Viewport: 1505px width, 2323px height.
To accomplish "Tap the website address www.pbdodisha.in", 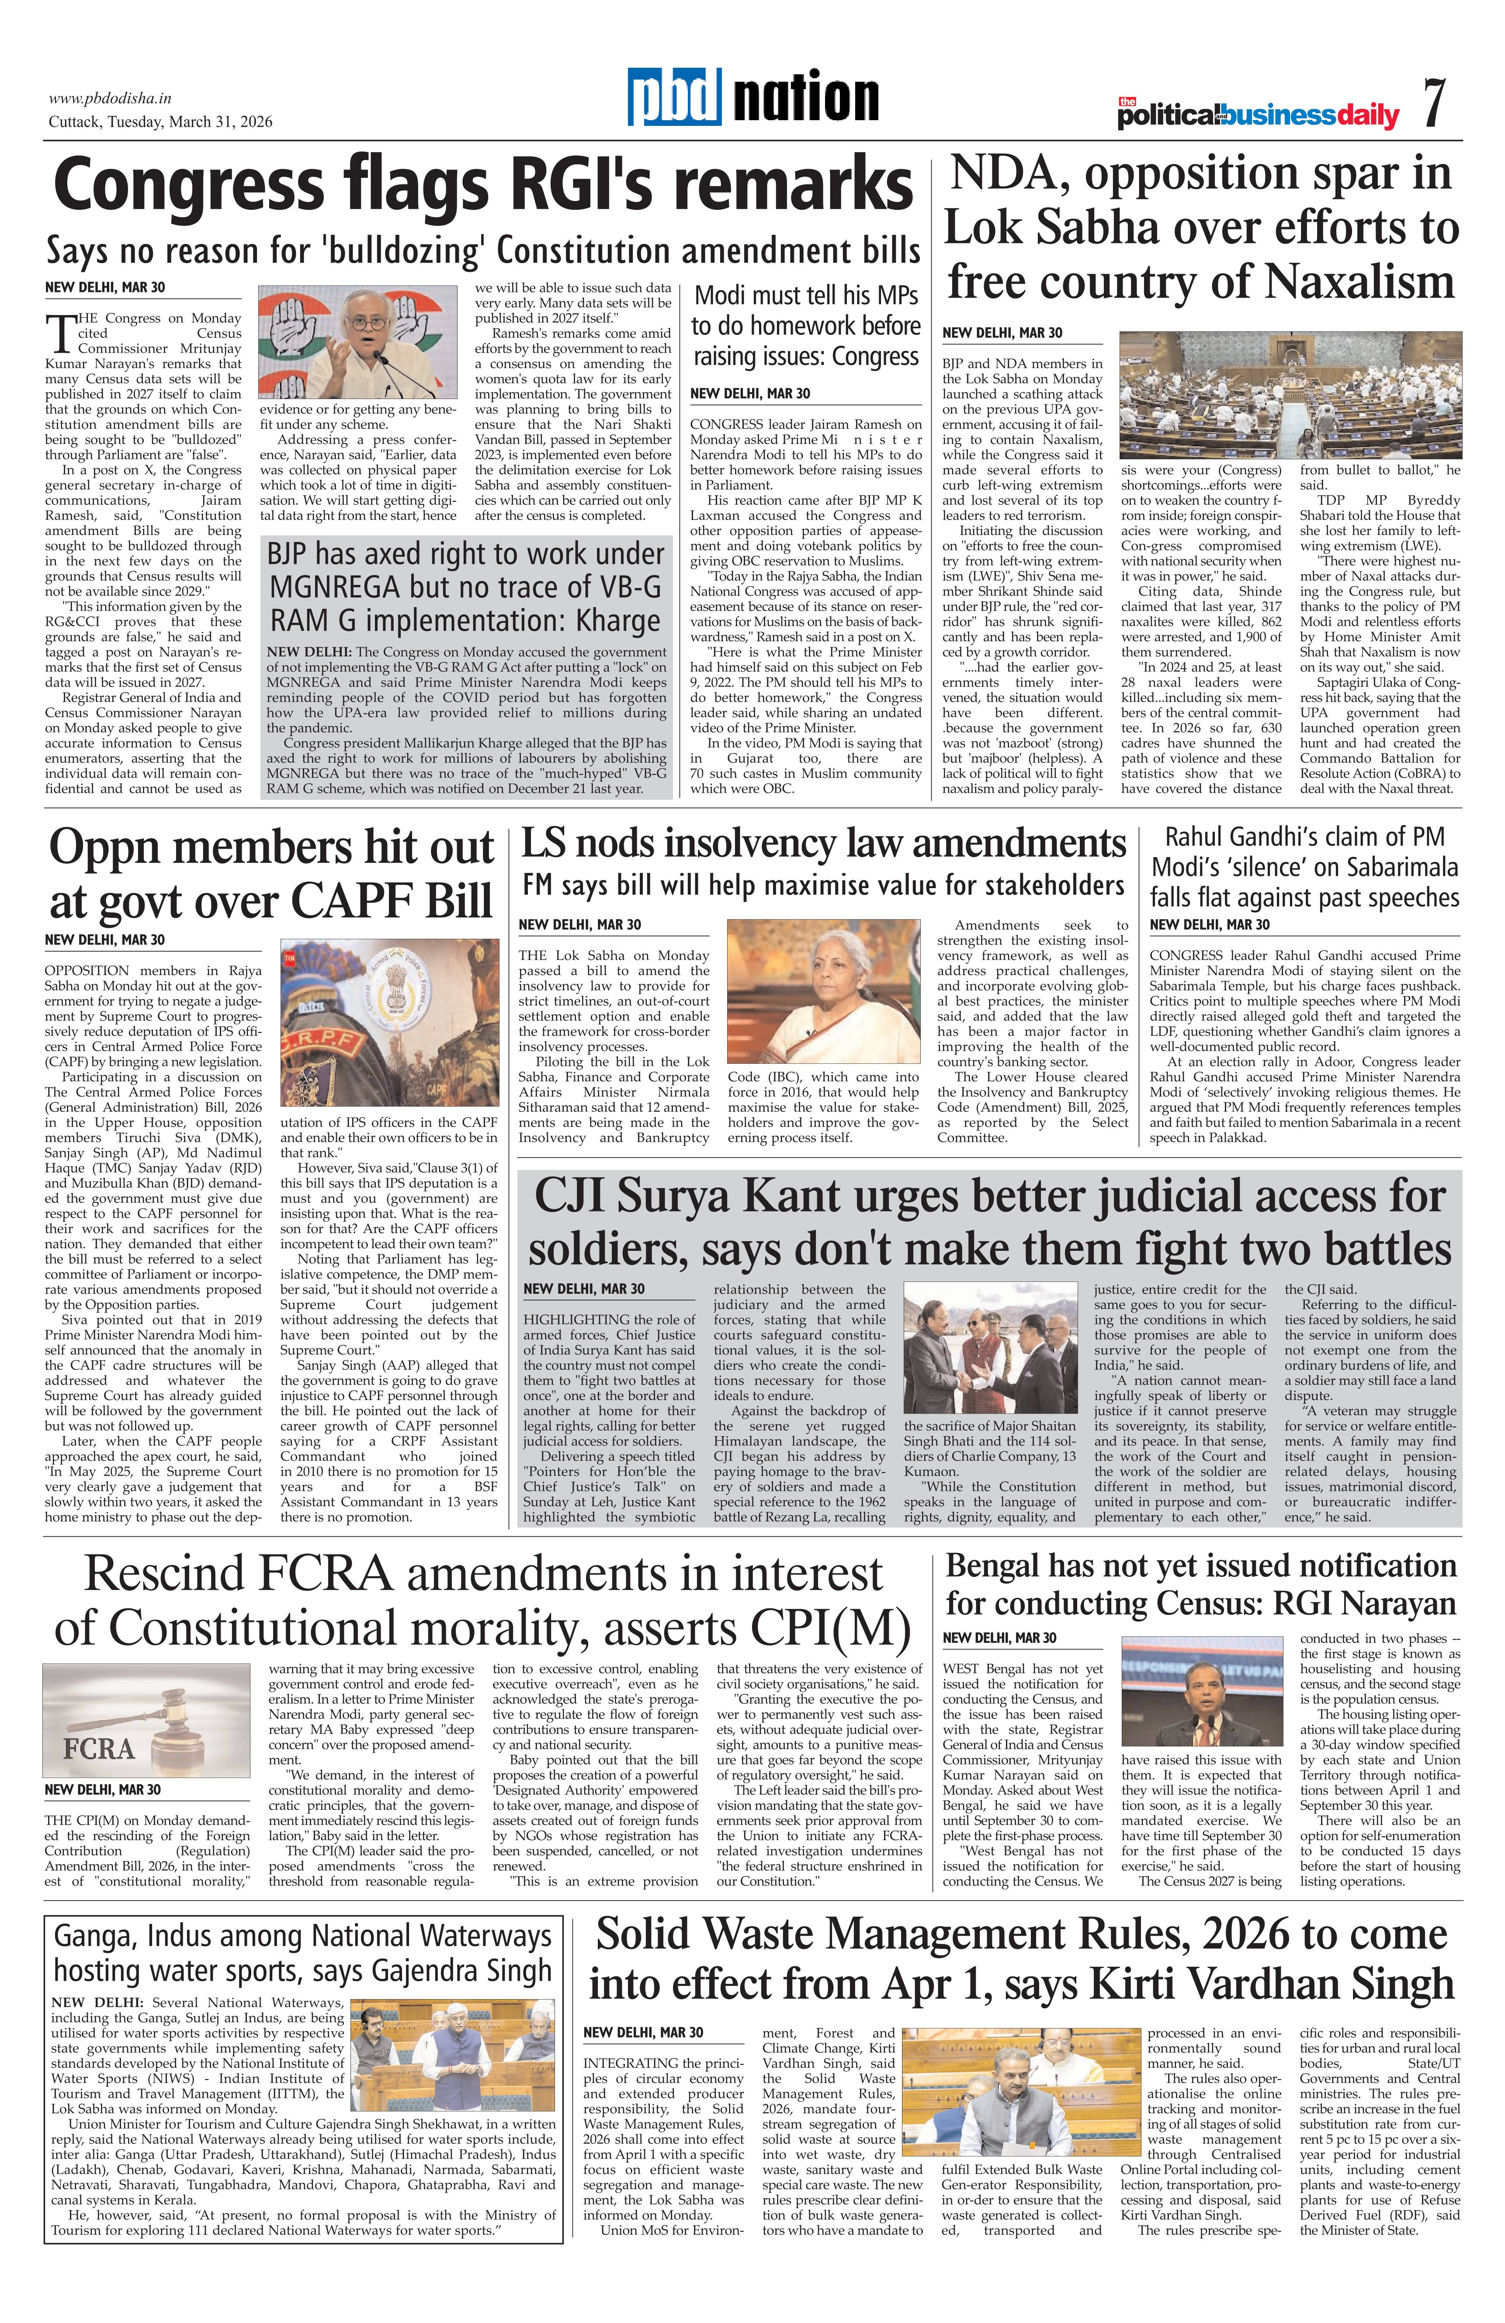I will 110,97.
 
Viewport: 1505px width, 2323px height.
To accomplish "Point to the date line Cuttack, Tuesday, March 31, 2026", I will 161,122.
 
